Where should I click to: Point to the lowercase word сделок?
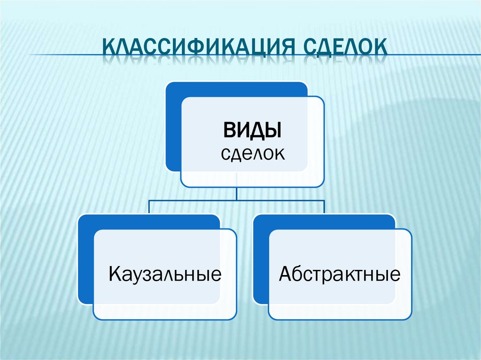[253, 153]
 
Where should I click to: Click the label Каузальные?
[165, 273]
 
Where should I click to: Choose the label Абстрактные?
[340, 273]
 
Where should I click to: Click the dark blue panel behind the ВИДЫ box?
[173, 127]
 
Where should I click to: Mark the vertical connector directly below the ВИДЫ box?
[237, 193]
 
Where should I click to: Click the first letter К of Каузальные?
[114, 273]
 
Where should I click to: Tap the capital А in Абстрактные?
[285, 273]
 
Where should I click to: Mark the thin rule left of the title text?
[66, 55]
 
